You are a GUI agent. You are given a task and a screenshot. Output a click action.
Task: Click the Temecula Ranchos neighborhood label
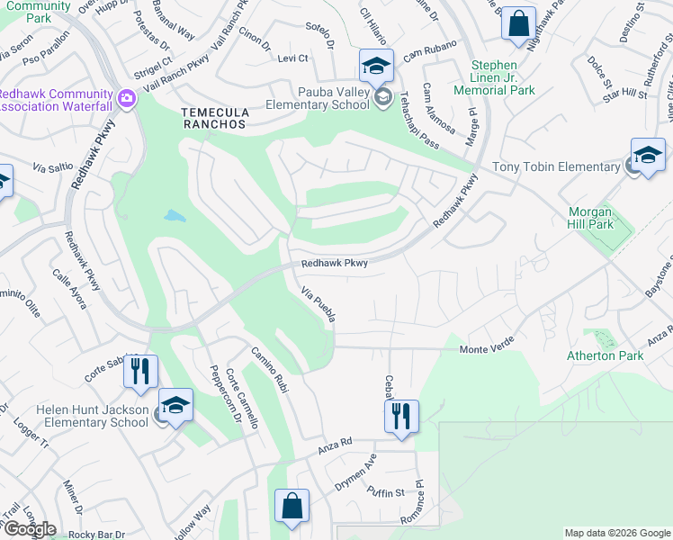(214, 116)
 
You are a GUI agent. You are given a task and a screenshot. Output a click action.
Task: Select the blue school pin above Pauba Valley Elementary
(376, 64)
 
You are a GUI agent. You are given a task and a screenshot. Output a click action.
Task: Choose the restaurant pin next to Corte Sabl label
(140, 370)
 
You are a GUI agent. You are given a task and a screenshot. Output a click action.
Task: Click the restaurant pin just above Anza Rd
(402, 416)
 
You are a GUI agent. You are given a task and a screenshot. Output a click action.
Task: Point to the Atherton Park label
(605, 355)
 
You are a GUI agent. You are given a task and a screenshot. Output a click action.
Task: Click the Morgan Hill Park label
(589, 217)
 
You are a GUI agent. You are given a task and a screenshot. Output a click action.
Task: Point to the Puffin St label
(387, 491)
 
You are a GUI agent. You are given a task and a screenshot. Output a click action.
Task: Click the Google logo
(29, 529)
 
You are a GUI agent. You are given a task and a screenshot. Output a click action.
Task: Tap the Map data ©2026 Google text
(616, 533)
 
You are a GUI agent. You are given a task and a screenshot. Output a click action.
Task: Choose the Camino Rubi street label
(270, 370)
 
